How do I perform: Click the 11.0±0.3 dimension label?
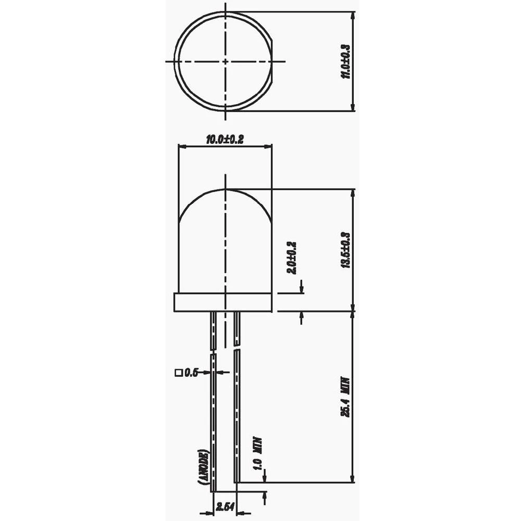coord(344,61)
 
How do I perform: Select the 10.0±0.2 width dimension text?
coord(225,139)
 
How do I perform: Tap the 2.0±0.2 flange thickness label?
coord(292,258)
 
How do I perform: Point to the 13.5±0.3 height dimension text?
coord(344,250)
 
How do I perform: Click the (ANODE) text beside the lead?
coord(204,468)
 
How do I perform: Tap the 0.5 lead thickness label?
coord(192,372)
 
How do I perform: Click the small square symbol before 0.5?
coord(179,373)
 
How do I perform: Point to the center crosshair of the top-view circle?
coord(225,61)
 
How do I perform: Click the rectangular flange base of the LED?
coord(222,303)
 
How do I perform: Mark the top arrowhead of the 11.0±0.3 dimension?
coord(353,16)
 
